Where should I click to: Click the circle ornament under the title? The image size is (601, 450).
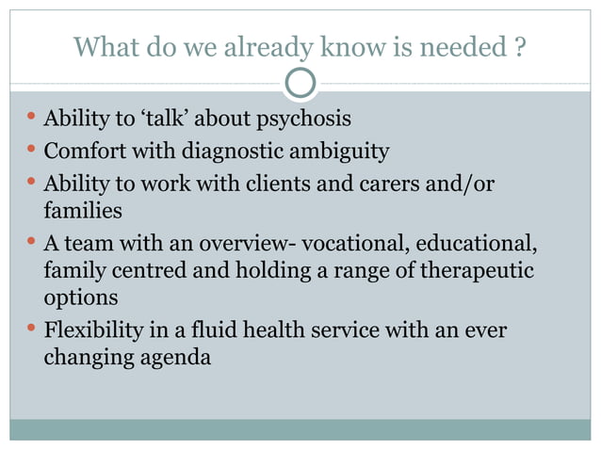(x=300, y=84)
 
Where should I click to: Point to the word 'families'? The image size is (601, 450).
(x=82, y=209)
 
